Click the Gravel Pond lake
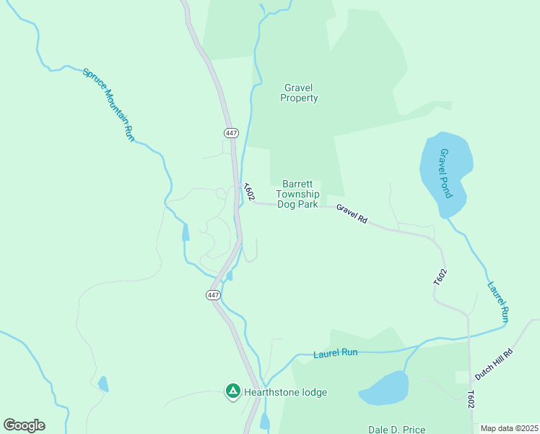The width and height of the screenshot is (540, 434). coord(446,174)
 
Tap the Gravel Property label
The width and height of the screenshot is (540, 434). coord(299,93)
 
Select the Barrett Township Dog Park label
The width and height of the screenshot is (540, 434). coord(297,194)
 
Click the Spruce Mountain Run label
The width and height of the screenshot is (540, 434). coord(108,104)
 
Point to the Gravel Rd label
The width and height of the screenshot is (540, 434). coord(352,213)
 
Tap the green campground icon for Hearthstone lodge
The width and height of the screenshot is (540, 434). coord(232,392)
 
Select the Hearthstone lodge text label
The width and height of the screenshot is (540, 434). coord(285,393)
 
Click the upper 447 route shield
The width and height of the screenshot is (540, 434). coord(231,133)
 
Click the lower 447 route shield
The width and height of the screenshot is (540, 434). coord(213,295)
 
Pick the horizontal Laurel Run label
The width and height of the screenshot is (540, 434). coord(336,354)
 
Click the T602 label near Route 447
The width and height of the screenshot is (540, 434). coord(248,192)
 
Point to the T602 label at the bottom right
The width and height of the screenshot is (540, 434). coord(471,399)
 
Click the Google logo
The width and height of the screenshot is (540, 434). coord(24,425)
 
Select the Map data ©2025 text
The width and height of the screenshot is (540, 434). coord(509,428)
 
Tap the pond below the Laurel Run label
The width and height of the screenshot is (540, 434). coord(384,388)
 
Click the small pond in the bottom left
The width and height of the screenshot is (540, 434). coord(103,383)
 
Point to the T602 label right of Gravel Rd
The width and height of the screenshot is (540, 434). coord(440,277)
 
